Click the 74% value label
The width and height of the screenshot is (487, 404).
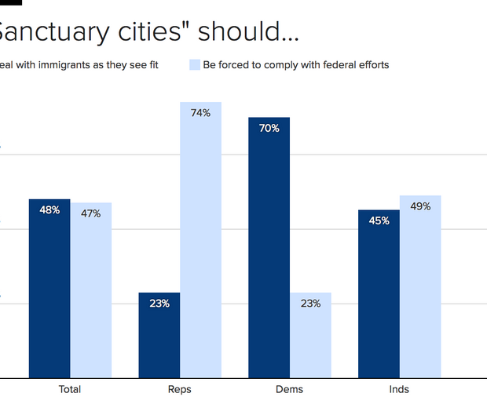tap(200, 113)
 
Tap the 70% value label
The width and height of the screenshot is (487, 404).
tap(269, 128)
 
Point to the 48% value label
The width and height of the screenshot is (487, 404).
tap(49, 210)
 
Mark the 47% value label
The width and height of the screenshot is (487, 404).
tap(91, 213)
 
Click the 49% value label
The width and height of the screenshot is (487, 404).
tap(420, 206)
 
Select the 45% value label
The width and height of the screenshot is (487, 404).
tap(379, 220)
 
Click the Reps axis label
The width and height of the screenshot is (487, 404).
tap(180, 389)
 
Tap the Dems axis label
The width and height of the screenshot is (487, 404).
tap(290, 389)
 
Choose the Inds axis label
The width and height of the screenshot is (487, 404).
tap(399, 389)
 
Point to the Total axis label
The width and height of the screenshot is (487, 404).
tap(70, 389)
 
